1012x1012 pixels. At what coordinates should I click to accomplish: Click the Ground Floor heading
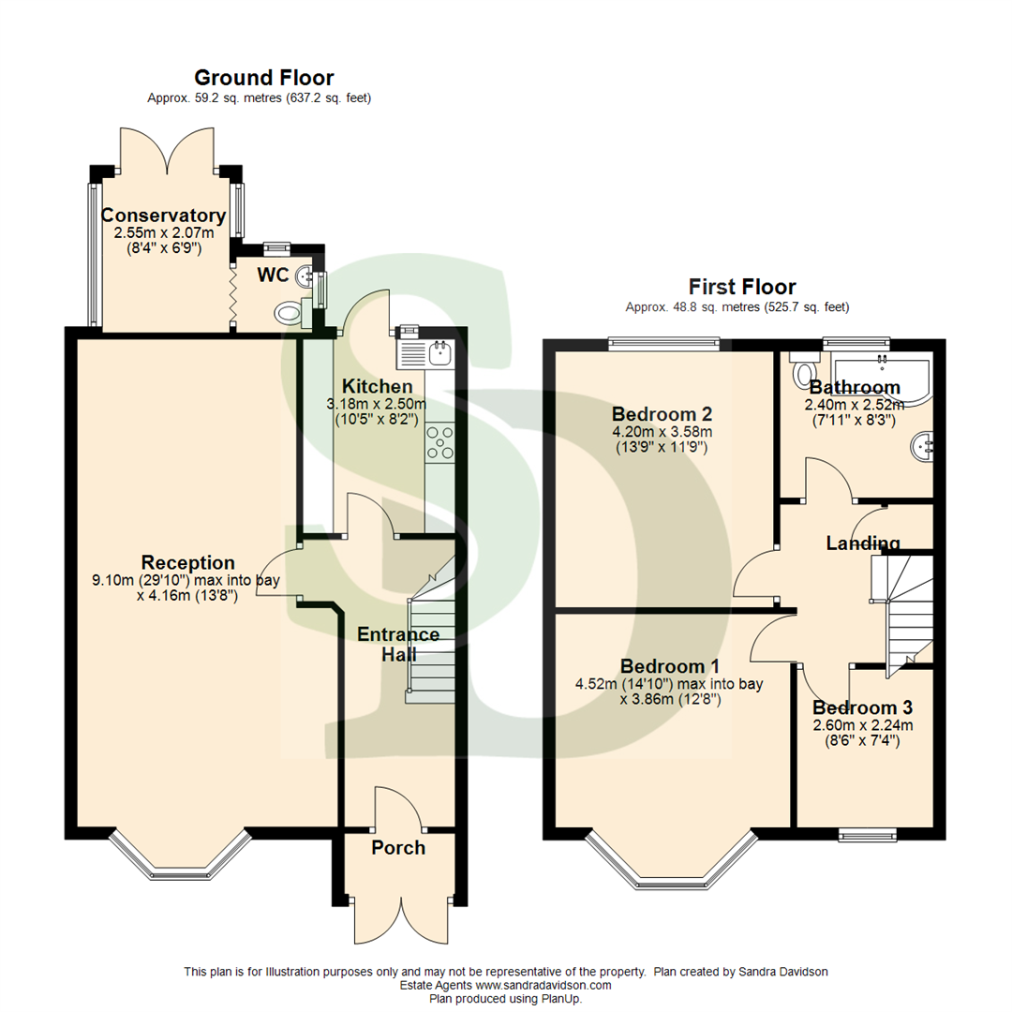point(263,78)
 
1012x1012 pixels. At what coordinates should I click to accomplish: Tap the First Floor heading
point(742,287)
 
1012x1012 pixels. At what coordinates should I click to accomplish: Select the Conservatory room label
point(163,216)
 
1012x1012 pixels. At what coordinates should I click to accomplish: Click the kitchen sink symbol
point(439,352)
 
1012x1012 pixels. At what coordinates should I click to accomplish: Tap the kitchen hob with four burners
point(439,442)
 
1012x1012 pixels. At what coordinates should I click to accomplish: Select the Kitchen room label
point(377,386)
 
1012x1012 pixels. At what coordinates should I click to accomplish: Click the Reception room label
point(187,562)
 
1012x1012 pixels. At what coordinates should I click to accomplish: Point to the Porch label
point(398,848)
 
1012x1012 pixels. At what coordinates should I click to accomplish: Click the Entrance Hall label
point(398,645)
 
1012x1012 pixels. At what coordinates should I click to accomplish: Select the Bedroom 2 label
point(662,413)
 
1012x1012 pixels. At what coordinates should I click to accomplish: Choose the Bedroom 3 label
point(862,707)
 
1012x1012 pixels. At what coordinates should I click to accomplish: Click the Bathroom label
point(855,387)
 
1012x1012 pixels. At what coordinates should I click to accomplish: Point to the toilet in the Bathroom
point(803,372)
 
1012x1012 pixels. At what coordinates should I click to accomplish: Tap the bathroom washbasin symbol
point(923,444)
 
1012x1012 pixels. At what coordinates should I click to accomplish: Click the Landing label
point(862,543)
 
